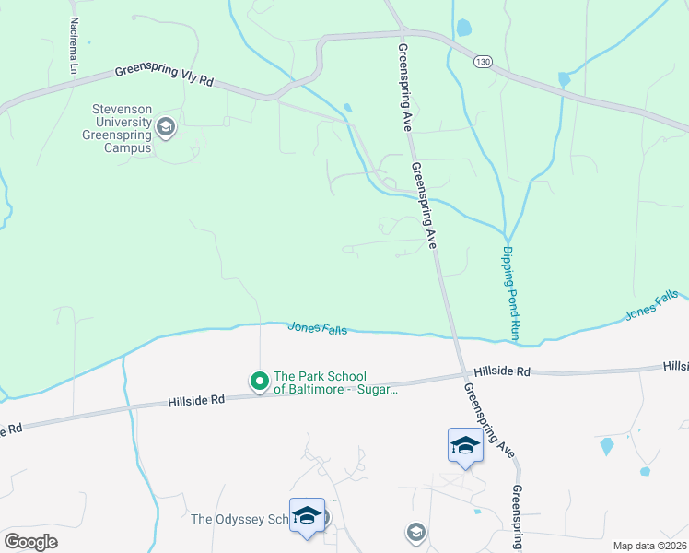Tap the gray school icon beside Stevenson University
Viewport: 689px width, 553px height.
167,127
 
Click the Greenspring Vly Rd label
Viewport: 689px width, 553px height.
164,76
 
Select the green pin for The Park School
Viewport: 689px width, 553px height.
260,380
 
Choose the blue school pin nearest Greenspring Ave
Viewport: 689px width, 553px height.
465,445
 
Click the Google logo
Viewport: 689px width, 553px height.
30,541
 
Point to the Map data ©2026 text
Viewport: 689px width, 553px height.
650,546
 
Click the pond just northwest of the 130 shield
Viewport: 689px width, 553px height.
463,28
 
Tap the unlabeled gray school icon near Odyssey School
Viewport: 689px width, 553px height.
416,532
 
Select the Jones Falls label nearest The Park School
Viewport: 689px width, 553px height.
317,327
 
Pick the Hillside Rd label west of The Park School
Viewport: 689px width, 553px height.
196,401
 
